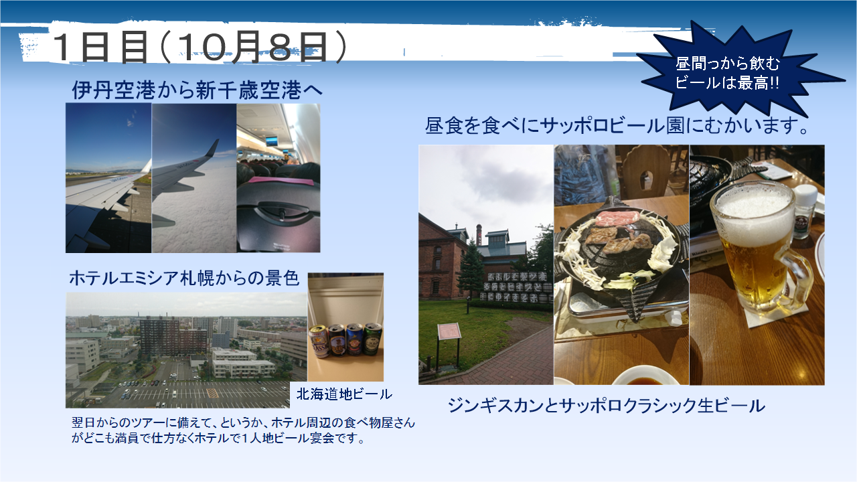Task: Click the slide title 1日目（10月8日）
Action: [x=199, y=47]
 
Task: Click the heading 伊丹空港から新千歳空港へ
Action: [x=198, y=90]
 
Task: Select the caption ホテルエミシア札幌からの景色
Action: [x=183, y=278]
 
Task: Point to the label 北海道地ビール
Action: [x=344, y=394]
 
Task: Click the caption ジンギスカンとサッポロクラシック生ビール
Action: [x=607, y=406]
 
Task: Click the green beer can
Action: [x=372, y=339]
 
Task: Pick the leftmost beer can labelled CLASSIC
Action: [x=318, y=341]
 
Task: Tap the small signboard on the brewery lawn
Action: [x=449, y=331]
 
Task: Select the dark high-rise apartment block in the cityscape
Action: [x=174, y=337]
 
